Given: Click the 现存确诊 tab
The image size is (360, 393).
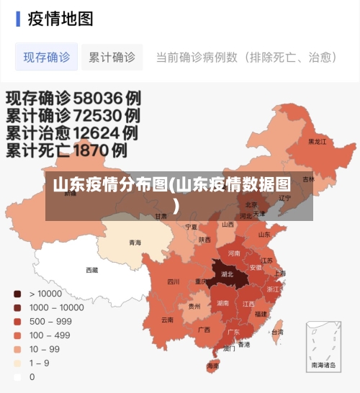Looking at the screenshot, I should [47, 57].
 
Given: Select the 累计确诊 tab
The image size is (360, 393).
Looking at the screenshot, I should [112, 57].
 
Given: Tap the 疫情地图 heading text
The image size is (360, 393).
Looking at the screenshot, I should [60, 19].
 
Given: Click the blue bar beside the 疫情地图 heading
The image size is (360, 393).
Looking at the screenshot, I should [18, 19].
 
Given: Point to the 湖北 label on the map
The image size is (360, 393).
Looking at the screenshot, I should [227, 274].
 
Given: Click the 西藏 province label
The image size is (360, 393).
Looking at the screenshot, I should [92, 270].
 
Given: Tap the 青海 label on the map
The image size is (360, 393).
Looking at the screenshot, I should [135, 243].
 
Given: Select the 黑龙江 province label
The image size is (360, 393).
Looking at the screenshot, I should [317, 142].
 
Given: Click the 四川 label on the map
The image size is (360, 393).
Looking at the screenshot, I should [174, 281].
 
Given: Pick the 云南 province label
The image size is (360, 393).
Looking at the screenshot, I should [167, 319].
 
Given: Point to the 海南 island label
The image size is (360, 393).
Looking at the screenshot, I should [212, 366].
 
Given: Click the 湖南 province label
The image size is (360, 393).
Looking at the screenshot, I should [222, 303].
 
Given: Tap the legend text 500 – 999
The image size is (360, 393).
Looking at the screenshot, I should [50, 321].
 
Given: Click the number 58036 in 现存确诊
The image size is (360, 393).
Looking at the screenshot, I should [96, 96].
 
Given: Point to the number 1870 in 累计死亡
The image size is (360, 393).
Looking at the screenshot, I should [99, 150].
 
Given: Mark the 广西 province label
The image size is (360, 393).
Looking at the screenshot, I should [204, 330].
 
